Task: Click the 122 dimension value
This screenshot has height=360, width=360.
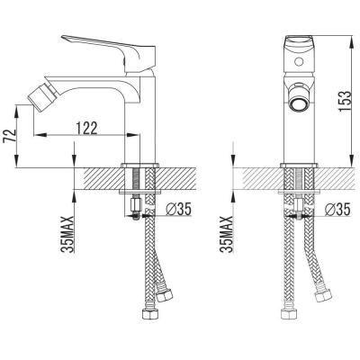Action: click(87, 128)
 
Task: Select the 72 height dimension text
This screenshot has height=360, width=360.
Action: click(10, 136)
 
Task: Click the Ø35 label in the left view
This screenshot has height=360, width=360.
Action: click(178, 209)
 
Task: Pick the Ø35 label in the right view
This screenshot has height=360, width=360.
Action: click(337, 209)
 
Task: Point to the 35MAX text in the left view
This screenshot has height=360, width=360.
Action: click(68, 234)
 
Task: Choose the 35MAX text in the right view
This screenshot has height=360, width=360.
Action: click(227, 234)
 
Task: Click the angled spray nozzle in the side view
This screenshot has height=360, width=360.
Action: click(38, 94)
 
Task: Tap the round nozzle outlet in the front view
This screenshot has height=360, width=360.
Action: click(299, 104)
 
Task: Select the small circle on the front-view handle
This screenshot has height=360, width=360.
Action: click(299, 63)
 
